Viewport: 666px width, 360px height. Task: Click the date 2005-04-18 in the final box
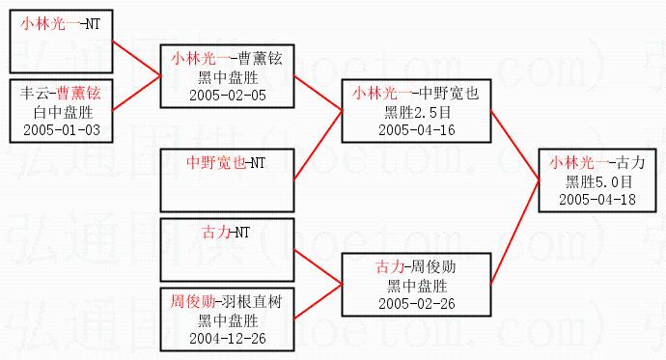[597, 200]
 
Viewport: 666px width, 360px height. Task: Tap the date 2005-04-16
[417, 130]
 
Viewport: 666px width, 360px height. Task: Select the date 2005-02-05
[228, 96]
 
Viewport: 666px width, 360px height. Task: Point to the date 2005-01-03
[62, 130]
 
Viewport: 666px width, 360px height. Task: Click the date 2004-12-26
[228, 339]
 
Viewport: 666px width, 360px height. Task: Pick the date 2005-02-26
[417, 303]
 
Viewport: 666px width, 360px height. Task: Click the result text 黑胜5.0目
[598, 181]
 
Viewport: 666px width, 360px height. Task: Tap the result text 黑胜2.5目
[418, 112]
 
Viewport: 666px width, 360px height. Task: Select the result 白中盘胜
[63, 112]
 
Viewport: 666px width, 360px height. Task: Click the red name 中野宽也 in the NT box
[216, 162]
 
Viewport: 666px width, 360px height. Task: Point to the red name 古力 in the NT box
[216, 233]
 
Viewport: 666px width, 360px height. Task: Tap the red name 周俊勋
[192, 302]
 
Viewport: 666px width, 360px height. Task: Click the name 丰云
[35, 93]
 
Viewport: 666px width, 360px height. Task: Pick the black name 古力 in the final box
[630, 162]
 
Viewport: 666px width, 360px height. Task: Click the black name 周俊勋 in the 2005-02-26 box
[433, 267]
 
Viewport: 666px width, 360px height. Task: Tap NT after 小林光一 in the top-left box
[93, 24]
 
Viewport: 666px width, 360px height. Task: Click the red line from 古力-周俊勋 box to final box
[514, 233]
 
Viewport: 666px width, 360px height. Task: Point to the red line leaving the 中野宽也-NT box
[319, 146]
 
